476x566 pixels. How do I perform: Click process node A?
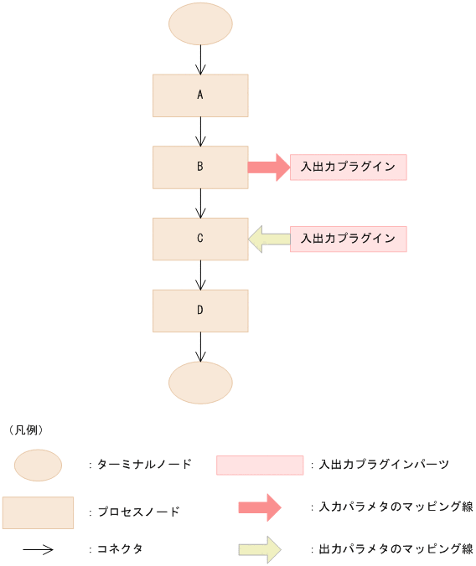tap(200, 95)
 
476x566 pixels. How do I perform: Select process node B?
tap(200, 167)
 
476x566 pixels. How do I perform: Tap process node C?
tap(200, 238)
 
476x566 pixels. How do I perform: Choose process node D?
tap(200, 310)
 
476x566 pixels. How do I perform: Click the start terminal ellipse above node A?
tap(200, 23)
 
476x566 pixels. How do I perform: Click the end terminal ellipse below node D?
tap(200, 383)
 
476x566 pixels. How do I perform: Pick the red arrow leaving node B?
tap(267, 167)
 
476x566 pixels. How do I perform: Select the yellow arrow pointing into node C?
tap(269, 239)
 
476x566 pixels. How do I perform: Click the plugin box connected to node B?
tap(348, 167)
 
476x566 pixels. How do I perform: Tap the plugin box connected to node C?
tap(348, 239)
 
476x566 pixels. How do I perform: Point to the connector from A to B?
tap(200, 131)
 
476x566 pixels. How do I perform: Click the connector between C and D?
tap(200, 275)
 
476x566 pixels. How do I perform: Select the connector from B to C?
tap(200, 203)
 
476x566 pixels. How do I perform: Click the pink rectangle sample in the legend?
tap(259, 465)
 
